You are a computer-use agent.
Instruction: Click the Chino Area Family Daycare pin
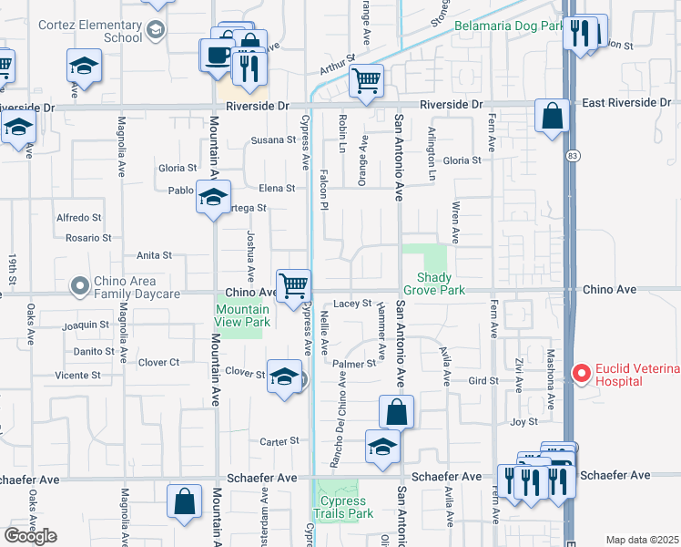click(x=81, y=286)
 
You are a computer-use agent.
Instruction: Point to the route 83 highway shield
click(x=571, y=157)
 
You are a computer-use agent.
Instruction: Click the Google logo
click(x=30, y=536)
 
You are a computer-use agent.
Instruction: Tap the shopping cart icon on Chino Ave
click(x=293, y=284)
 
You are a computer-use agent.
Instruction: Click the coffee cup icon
click(x=217, y=54)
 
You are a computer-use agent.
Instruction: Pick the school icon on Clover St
click(x=284, y=377)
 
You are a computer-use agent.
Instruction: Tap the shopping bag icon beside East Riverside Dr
click(x=552, y=116)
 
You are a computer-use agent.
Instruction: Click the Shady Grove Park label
click(x=440, y=284)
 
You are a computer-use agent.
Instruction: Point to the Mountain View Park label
click(x=242, y=315)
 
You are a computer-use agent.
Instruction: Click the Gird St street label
click(x=483, y=380)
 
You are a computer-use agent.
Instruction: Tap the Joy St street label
click(x=523, y=421)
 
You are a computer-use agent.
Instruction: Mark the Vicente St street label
click(x=77, y=375)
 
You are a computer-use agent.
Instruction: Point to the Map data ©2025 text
click(x=642, y=540)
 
